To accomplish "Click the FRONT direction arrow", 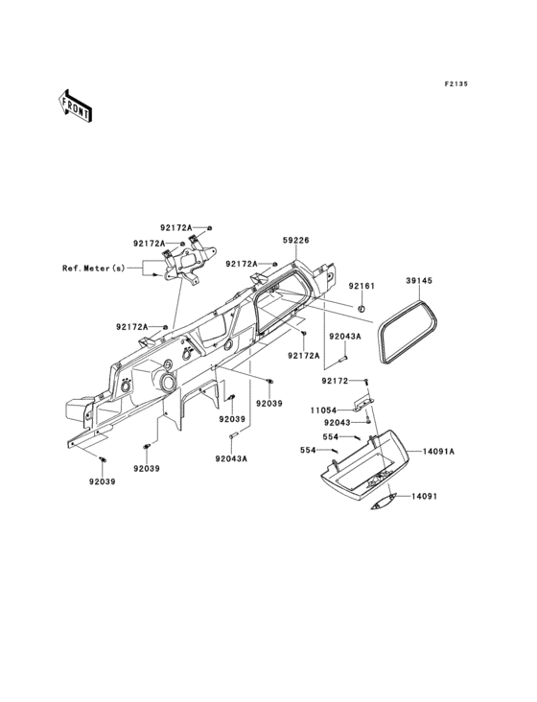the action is coord(75,105).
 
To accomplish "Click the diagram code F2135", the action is coord(455,83).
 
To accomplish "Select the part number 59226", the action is coord(295,241).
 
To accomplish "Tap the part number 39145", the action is coord(419,280).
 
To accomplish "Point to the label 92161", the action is coord(362,286).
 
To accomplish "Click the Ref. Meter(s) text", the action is coord(94,269).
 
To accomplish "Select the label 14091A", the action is coord(438,452).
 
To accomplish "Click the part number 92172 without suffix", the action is coord(336,381).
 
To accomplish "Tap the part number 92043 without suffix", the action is coord(338,422).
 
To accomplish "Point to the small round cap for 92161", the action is coord(362,309).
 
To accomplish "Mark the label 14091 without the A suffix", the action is coord(425,496).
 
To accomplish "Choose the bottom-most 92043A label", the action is coord(231,458).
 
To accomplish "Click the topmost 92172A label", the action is coord(176,227).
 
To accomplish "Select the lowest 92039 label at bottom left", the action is coord(102,481).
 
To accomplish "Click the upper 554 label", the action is coord(331,436).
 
